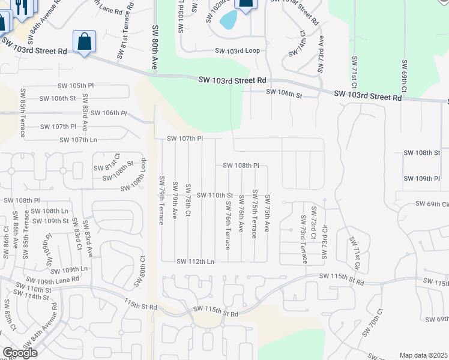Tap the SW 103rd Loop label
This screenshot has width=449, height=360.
tap(237, 51)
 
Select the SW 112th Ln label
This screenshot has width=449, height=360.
tap(195, 262)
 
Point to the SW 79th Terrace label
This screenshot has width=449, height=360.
tap(161, 200)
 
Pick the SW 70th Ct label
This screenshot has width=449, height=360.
tap(372, 323)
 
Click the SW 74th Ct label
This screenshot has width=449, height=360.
tap(297, 47)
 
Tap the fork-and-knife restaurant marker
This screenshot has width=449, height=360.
tap(23, 7)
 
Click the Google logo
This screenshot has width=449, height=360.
tap(20, 353)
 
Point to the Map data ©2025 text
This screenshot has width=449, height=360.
tap(424, 355)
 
